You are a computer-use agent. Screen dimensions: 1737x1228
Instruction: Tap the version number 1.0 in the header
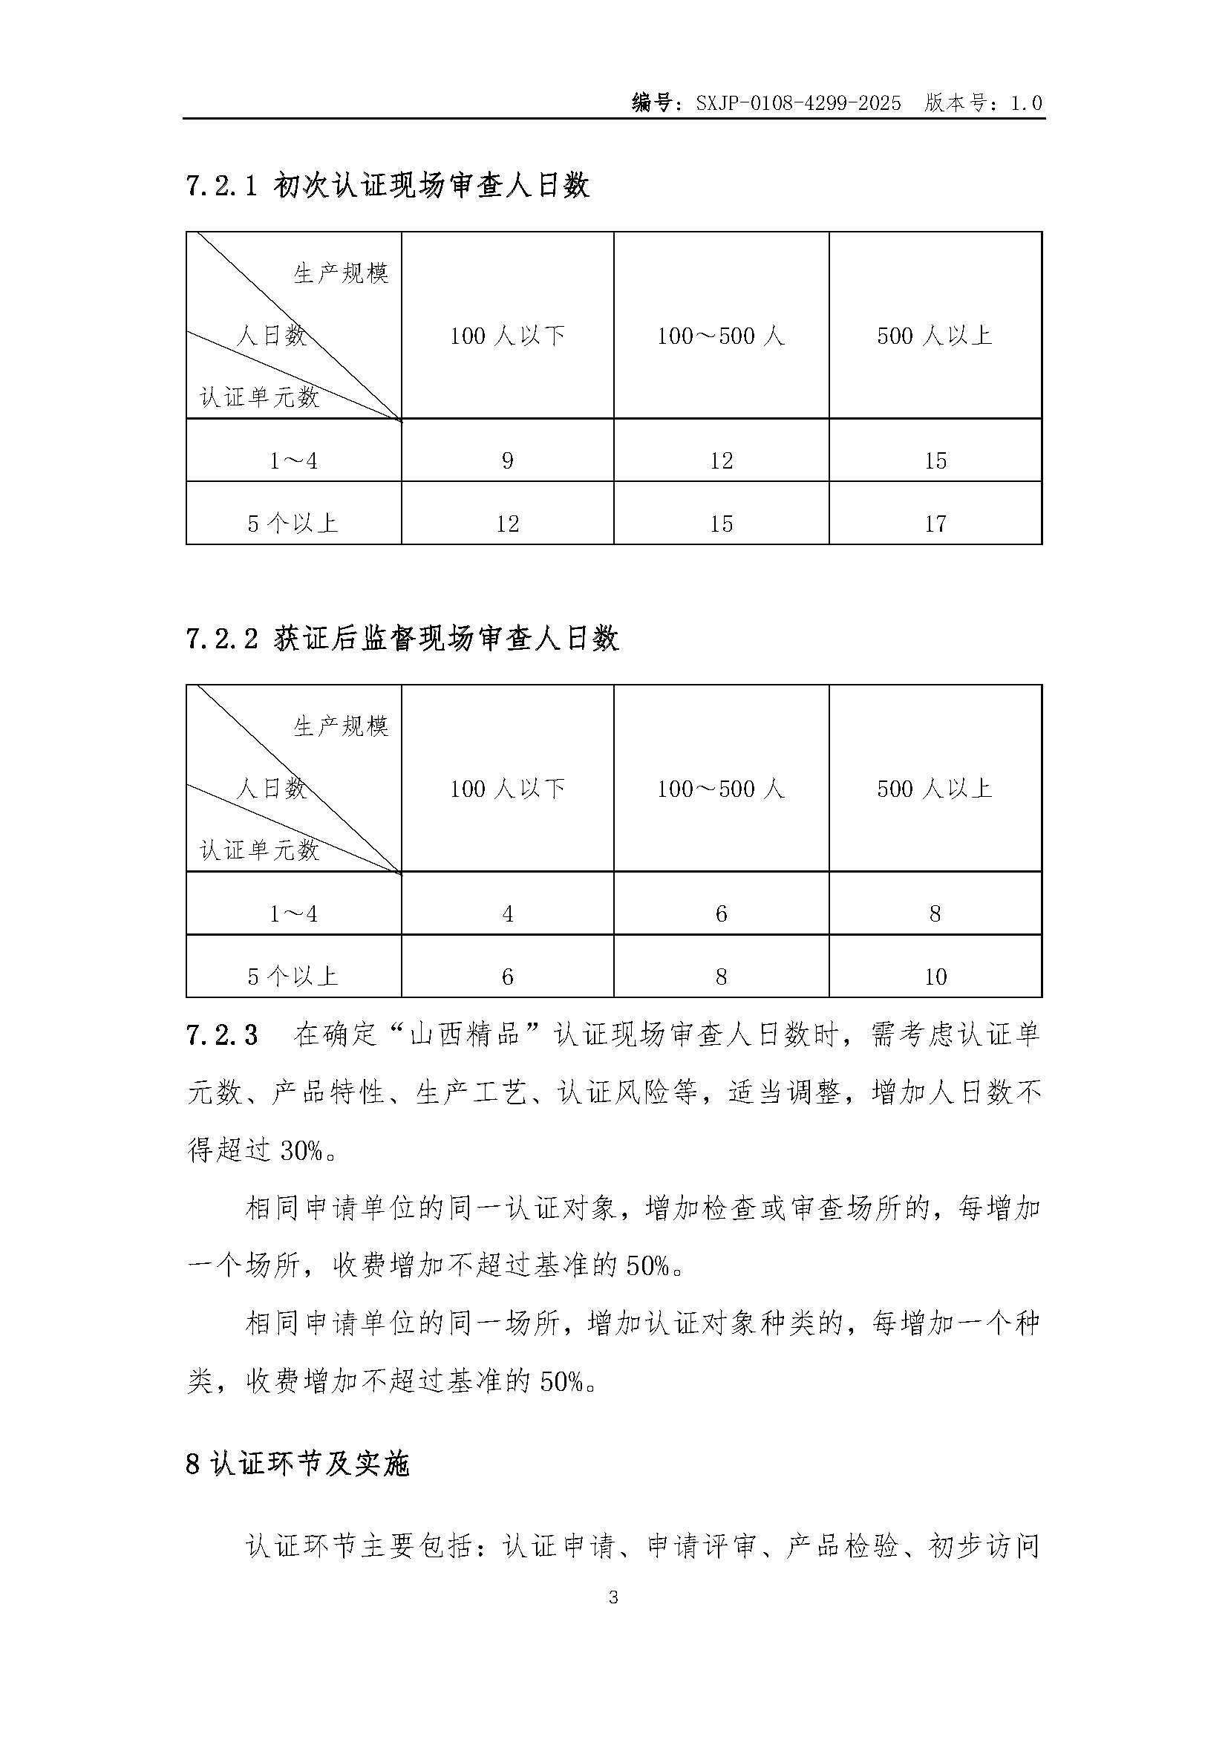point(1026,103)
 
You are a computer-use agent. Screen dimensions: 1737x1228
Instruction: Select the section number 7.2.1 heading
point(223,186)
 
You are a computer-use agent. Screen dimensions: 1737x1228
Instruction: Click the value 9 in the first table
point(507,460)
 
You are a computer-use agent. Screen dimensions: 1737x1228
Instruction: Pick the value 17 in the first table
point(935,524)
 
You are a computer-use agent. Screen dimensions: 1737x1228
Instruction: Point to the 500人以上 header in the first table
point(935,335)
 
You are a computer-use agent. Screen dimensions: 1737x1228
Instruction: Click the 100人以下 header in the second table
point(507,789)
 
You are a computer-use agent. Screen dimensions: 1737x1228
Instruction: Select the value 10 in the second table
point(935,977)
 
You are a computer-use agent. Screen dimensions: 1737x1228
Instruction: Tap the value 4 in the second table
point(507,914)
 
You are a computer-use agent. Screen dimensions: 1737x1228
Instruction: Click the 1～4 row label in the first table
point(293,460)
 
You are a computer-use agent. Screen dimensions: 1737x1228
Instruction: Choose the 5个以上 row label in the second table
point(293,977)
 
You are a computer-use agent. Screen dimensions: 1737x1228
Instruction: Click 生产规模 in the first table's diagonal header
point(341,273)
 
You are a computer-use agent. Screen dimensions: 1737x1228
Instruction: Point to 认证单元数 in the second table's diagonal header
point(259,850)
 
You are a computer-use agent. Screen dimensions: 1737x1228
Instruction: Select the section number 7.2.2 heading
point(223,639)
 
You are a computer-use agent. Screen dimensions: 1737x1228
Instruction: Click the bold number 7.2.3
point(221,1036)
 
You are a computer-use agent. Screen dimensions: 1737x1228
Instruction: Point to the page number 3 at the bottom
point(613,1598)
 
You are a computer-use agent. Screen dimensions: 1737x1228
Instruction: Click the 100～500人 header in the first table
point(721,335)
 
